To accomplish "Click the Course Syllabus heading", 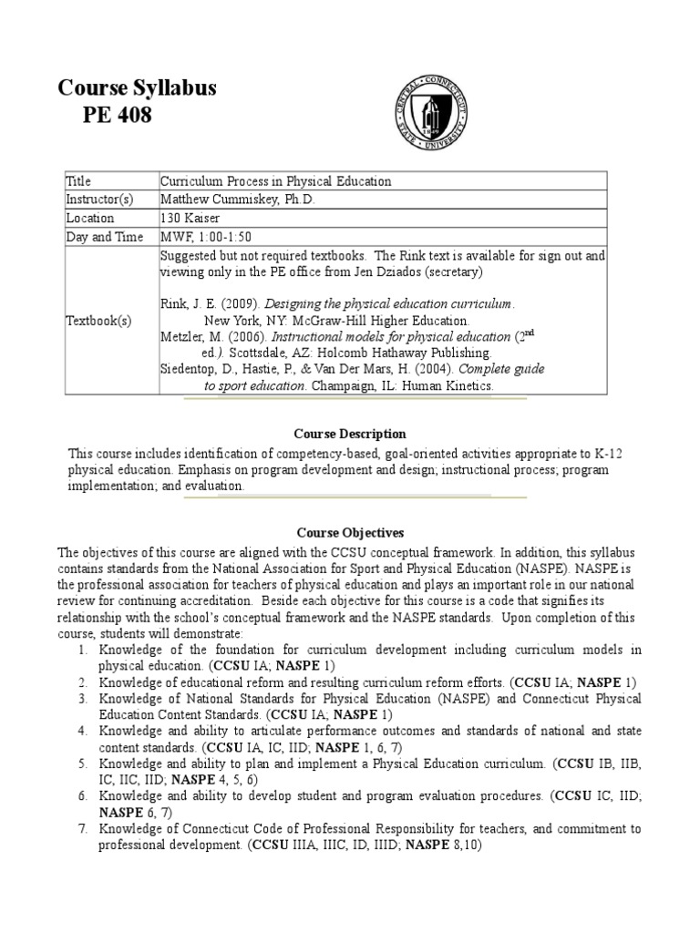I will coord(137,88).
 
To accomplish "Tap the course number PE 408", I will coord(118,116).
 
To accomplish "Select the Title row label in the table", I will coord(79,181).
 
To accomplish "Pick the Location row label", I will coord(90,219).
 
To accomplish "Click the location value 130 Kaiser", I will coord(191,219).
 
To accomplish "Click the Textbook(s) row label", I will coord(99,321).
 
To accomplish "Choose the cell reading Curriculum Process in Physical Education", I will coord(276,181).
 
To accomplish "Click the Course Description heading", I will coord(350,434).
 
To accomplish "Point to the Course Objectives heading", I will coord(350,532).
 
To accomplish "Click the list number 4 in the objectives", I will coord(82,732).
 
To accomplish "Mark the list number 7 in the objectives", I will coord(82,829).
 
